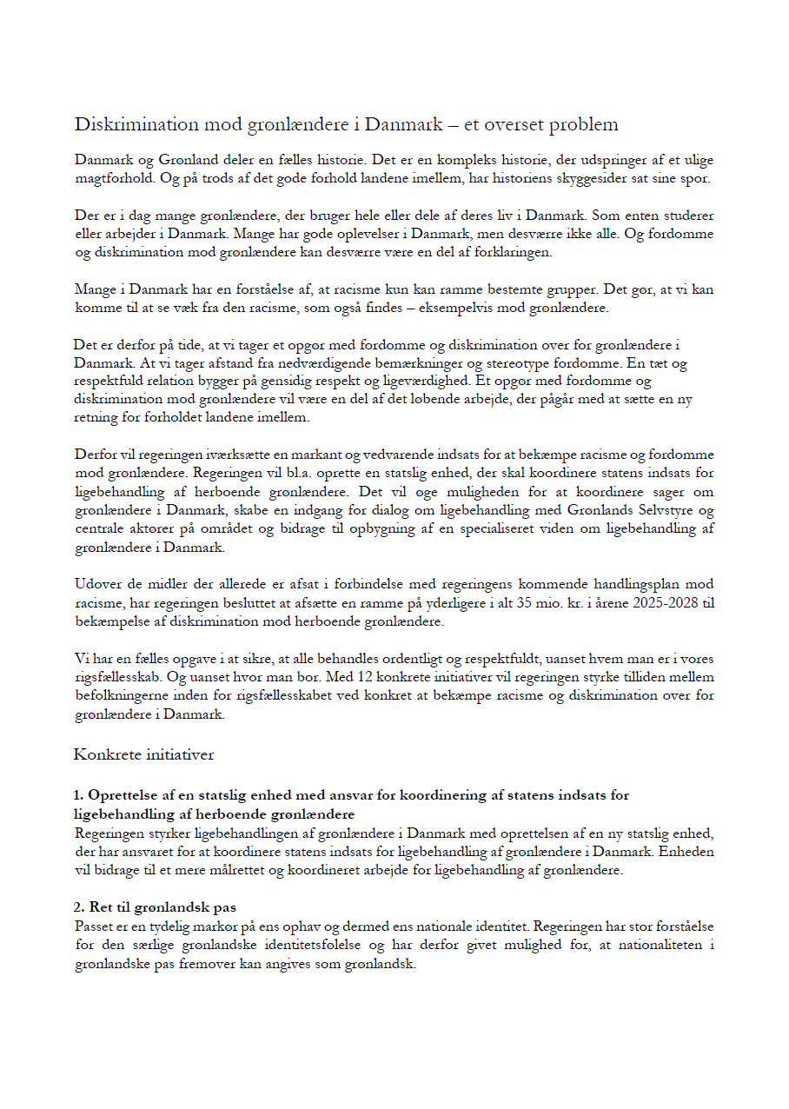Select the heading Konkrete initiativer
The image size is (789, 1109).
tap(144, 754)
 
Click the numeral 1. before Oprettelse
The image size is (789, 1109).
tap(79, 795)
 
